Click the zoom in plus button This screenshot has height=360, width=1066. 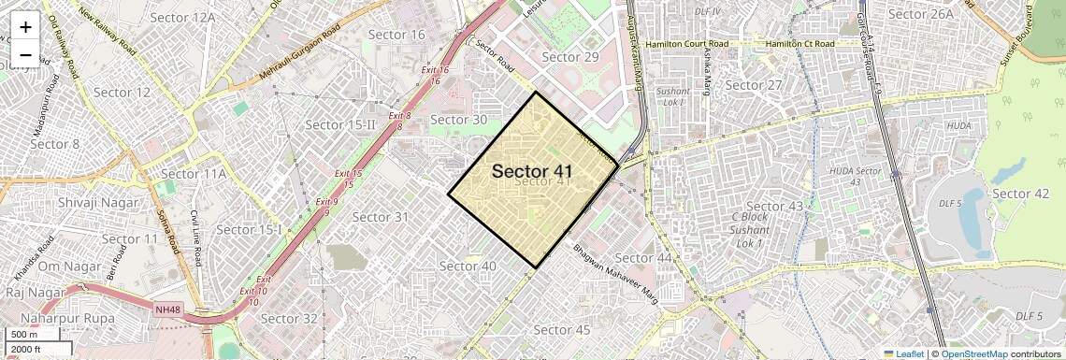click(25, 26)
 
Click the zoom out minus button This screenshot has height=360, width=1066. click(25, 55)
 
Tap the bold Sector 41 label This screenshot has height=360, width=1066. click(532, 171)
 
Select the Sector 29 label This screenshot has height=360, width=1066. click(570, 57)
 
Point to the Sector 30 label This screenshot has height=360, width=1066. click(458, 120)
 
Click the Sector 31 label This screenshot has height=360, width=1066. click(381, 217)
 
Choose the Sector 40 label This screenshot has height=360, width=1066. click(468, 266)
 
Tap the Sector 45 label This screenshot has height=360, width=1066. click(562, 329)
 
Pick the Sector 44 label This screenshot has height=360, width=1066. click(644, 257)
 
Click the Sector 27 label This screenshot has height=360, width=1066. click(754, 85)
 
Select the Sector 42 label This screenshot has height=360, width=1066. click(1020, 194)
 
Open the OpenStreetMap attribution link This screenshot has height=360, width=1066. click(973, 353)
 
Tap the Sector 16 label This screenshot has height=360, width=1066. click(396, 35)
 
